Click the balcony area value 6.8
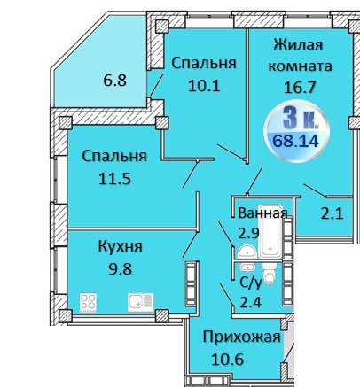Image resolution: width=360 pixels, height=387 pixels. pyautogui.click(x=114, y=81)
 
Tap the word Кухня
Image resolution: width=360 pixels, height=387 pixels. pyautogui.click(x=120, y=246)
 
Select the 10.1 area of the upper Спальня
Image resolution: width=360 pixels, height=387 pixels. pyautogui.click(x=204, y=86)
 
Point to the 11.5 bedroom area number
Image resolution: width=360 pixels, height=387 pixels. pyautogui.click(x=114, y=179)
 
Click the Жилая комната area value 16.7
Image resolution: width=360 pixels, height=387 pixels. pyautogui.click(x=300, y=88)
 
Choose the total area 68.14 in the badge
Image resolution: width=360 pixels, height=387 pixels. pyautogui.click(x=295, y=141)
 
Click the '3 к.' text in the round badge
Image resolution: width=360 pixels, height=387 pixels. pyautogui.click(x=301, y=119)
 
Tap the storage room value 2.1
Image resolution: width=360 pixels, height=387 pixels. pyautogui.click(x=332, y=213)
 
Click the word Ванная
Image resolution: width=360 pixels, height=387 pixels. pyautogui.click(x=262, y=213)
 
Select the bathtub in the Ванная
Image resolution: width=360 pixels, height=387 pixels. pyautogui.click(x=270, y=232)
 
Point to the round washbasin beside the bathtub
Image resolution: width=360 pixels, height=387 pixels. pyautogui.click(x=247, y=252)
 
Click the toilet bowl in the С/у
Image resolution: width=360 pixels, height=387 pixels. pyautogui.click(x=270, y=274)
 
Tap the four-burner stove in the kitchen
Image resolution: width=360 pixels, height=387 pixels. pyautogui.click(x=89, y=302)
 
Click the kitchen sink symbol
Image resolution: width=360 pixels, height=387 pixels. pyautogui.click(x=141, y=302)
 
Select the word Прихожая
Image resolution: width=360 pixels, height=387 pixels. pyautogui.click(x=241, y=337)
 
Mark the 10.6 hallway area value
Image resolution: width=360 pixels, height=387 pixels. pyautogui.click(x=227, y=360)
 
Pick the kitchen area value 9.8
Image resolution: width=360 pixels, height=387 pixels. pyautogui.click(x=120, y=269)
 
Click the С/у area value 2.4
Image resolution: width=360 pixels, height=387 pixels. pyautogui.click(x=251, y=302)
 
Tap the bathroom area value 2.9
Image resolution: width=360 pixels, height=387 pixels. pyautogui.click(x=248, y=233)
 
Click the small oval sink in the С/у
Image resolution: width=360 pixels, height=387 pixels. pyautogui.click(x=247, y=267)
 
